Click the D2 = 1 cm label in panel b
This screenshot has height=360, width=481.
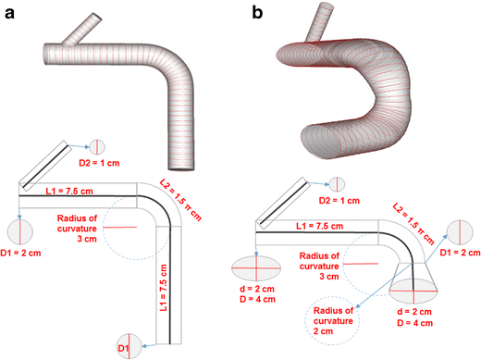pos(337,200)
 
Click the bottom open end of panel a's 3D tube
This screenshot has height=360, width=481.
pos(184,167)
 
